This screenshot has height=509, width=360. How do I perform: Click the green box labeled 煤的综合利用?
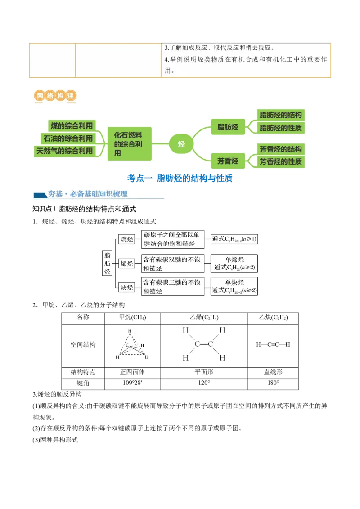(71, 126)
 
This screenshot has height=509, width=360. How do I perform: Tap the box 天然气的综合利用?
(64, 151)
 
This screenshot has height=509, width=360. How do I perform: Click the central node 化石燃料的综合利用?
(130, 143)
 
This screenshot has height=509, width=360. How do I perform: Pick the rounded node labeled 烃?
(181, 144)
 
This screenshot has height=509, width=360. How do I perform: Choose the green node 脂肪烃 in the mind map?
(228, 127)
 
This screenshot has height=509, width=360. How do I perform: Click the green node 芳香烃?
(228, 161)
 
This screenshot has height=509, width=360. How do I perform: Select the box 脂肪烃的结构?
(281, 115)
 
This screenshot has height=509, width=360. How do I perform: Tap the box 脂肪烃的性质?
(281, 128)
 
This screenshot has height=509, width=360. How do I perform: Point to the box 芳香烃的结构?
(281, 149)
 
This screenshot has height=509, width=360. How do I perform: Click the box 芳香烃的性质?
(281, 161)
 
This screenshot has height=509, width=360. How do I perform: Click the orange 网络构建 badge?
(55, 96)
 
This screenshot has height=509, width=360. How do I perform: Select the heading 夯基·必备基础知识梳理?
(99, 194)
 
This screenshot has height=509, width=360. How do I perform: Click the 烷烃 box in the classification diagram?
(126, 239)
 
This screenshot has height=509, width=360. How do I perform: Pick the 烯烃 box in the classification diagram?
(126, 263)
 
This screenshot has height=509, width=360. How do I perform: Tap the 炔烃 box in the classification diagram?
(126, 287)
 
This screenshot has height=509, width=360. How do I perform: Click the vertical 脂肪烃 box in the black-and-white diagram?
(107, 263)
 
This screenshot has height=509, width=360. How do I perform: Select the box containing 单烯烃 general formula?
(234, 263)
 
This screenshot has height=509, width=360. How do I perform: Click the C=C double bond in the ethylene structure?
(204, 344)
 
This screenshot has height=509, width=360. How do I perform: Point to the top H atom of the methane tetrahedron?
(130, 331)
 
